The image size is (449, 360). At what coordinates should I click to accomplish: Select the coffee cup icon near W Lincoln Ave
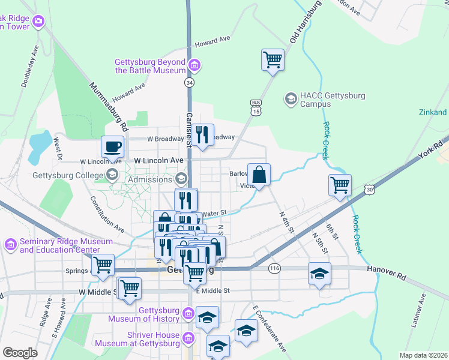tap(112, 146)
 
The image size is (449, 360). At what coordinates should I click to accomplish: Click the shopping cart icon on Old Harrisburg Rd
tap(273, 59)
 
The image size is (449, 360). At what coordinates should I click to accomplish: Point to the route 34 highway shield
tap(190, 82)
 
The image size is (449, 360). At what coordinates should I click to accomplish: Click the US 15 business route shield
tap(256, 108)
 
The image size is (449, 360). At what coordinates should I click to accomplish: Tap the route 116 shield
tap(274, 267)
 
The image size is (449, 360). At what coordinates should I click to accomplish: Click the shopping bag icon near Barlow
tap(259, 175)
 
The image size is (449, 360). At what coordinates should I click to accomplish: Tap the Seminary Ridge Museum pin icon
tap(10, 245)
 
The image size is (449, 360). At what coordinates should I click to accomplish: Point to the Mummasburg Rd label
tap(108, 107)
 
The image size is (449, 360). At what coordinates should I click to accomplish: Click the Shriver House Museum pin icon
tap(188, 339)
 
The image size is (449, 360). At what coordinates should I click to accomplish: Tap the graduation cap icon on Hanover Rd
tap(319, 274)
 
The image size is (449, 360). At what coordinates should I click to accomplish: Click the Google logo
tap(20, 353)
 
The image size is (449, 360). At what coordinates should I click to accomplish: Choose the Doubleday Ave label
tap(30, 73)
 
